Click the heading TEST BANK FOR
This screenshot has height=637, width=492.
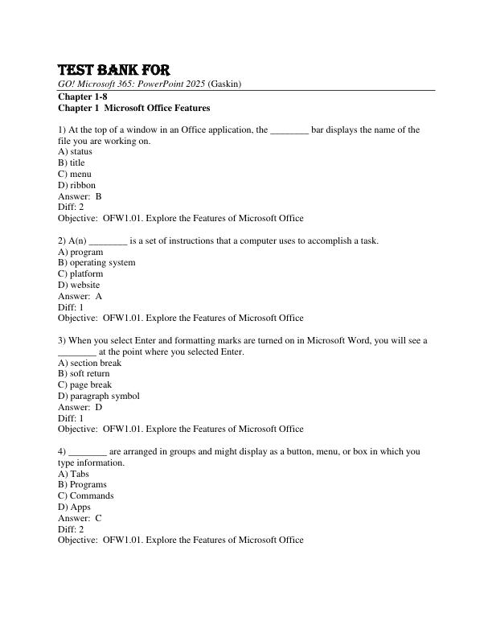[x=113, y=70]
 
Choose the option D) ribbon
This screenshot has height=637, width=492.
[x=76, y=185]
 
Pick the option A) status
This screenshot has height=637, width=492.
[x=75, y=151]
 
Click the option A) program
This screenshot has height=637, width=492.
[x=80, y=252]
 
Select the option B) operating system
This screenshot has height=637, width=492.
[x=96, y=262]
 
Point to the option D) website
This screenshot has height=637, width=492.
[x=79, y=285]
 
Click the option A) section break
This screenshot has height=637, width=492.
[x=89, y=363]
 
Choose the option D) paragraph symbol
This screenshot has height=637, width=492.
[x=98, y=396]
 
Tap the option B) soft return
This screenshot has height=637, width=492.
[x=84, y=373]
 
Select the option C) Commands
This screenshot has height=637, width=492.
[x=85, y=495]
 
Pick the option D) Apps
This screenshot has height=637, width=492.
[x=74, y=507]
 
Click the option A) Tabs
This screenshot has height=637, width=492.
[x=73, y=474]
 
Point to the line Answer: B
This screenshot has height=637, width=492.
[x=80, y=195]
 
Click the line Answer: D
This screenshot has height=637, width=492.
[x=80, y=407]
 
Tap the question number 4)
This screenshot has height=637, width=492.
[x=63, y=451]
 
